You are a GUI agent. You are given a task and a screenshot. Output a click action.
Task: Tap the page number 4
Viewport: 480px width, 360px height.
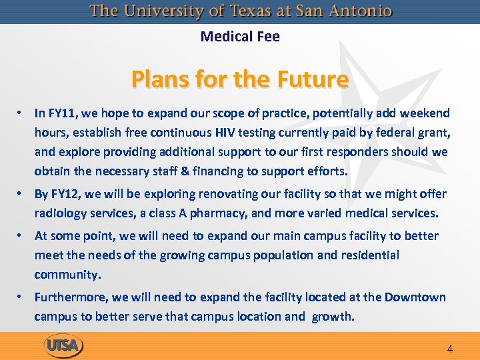[x=450, y=349]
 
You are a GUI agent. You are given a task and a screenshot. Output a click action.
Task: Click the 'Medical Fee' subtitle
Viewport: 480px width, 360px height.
[x=240, y=37]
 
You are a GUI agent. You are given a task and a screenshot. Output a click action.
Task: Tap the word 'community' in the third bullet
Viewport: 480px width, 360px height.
[x=67, y=274]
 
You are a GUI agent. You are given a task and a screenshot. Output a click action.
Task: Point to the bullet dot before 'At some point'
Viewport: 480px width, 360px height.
[x=22, y=235]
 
